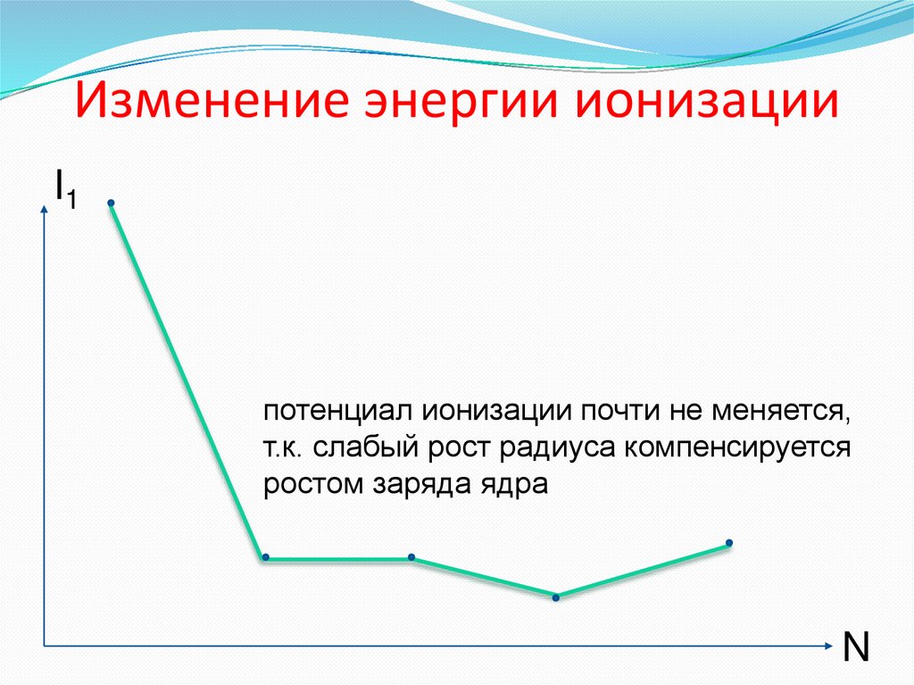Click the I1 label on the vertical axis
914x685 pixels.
point(63,188)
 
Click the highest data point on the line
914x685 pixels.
point(112,204)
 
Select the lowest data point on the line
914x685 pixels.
point(555,597)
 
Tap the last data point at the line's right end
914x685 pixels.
point(729,543)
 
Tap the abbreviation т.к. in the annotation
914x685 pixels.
point(283,448)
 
